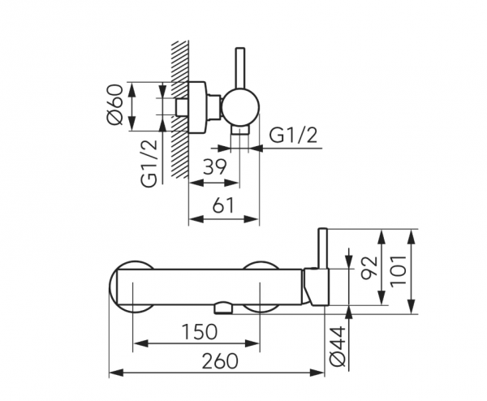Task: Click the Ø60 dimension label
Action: pos(114,105)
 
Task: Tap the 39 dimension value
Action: pos(215,167)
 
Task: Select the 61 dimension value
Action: pos(223,205)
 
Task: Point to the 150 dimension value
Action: pos(199,331)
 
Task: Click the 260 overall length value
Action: pos(220,361)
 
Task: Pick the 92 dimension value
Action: pos(370,267)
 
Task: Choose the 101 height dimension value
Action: pos(399,271)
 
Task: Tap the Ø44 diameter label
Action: pos(338,346)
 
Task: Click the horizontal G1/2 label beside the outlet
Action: pos(294,136)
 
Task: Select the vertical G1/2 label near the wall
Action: pos(149,164)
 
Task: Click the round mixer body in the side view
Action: pos(240,106)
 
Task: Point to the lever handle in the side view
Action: pos(240,68)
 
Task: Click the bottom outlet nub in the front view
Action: pos(223,308)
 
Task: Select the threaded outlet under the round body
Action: pos(239,131)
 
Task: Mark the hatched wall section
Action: pos(180,110)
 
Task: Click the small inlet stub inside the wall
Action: pos(181,107)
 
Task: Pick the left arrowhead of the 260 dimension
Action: pos(117,373)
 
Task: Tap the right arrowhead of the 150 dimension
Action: pos(252,343)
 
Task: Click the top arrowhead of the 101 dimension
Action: pos(412,237)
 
